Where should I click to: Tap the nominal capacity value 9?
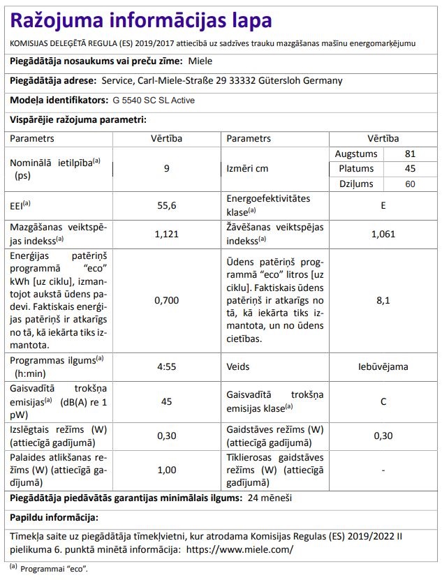(x=166, y=168)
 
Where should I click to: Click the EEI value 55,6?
(x=166, y=205)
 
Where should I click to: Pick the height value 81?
(x=410, y=154)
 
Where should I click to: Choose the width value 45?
(x=410, y=169)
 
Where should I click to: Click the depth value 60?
(x=410, y=184)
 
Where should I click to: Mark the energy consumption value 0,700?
(x=166, y=300)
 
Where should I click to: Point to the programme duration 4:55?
(x=166, y=365)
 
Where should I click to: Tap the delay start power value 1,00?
(x=166, y=469)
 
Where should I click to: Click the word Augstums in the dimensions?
(x=356, y=154)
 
